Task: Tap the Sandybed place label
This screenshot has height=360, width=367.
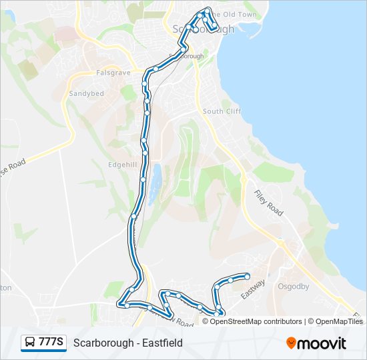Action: click(x=87, y=94)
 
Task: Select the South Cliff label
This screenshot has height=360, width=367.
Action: click(x=222, y=111)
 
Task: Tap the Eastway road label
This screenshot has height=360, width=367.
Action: click(x=253, y=289)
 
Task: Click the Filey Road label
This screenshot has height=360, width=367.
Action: click(x=269, y=203)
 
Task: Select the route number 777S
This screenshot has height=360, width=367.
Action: click(x=51, y=343)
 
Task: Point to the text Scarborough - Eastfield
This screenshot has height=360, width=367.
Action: click(x=127, y=343)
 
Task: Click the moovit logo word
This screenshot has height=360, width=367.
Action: click(x=322, y=343)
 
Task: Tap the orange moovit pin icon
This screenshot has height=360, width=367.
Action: click(x=291, y=343)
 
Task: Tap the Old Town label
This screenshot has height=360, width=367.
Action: click(x=234, y=14)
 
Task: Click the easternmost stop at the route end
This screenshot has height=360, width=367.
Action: click(x=247, y=276)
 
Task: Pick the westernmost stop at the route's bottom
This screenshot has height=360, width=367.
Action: click(x=120, y=304)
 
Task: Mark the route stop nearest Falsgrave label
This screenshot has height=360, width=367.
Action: click(x=155, y=69)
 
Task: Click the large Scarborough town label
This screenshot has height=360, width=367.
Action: click(x=204, y=29)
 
